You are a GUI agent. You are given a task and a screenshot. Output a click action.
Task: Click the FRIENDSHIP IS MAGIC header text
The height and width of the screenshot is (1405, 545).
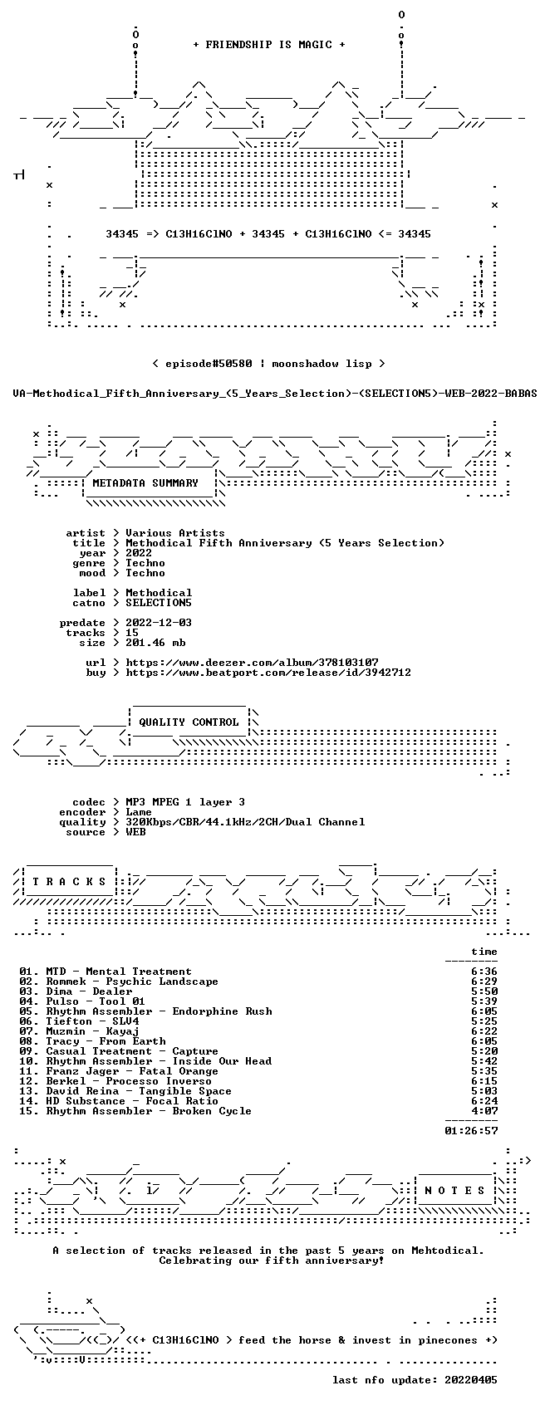click(268, 45)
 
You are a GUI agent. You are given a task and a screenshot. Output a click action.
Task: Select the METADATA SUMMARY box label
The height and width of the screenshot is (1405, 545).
click(145, 483)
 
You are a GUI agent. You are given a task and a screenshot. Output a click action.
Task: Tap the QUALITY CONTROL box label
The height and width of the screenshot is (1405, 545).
click(189, 722)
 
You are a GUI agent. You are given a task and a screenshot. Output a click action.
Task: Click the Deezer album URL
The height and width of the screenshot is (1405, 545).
click(252, 663)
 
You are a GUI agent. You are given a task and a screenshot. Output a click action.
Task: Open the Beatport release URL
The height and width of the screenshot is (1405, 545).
click(268, 673)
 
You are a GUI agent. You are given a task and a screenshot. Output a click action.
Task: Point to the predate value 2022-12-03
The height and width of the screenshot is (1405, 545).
click(159, 623)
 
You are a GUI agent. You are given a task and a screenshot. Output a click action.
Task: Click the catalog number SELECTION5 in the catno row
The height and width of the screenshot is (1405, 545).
click(159, 603)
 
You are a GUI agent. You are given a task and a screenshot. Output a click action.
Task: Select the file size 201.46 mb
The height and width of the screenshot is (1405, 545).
click(155, 643)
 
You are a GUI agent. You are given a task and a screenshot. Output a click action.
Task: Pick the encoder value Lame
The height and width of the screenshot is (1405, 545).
click(139, 812)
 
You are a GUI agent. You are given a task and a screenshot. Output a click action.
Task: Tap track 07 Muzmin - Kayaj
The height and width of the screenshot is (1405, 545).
click(79, 1031)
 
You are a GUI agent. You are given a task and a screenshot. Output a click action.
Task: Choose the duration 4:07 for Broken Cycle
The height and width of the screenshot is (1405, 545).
click(484, 1111)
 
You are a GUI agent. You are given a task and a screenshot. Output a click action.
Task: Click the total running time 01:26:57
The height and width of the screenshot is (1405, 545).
click(471, 1131)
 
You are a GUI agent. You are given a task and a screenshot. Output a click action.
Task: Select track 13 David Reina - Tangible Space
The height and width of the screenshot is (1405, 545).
click(125, 1091)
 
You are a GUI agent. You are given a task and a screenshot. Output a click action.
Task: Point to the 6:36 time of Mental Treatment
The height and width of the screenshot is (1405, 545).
click(484, 972)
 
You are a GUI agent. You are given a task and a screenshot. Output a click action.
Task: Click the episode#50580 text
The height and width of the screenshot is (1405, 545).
click(209, 364)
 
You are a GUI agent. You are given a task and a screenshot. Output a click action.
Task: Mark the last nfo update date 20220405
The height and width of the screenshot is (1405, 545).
click(471, 1380)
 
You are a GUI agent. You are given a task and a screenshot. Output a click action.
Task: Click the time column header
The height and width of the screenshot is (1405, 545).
click(484, 952)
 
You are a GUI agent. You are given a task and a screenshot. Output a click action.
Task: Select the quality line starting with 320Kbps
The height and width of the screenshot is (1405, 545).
click(245, 822)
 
